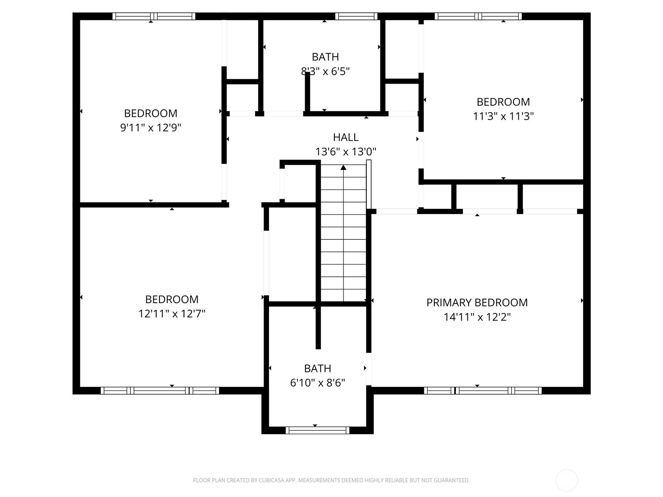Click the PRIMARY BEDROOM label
click(477, 303)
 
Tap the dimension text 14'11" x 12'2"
click(477, 317)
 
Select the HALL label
click(346, 137)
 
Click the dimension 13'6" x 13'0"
click(346, 152)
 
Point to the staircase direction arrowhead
click(344, 167)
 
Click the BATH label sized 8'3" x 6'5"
click(325, 57)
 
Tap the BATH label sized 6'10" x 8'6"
click(317, 369)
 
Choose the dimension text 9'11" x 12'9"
click(151, 128)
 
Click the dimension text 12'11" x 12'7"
click(172, 314)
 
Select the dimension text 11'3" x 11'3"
click(503, 116)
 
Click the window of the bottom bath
click(317, 430)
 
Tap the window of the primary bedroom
click(483, 390)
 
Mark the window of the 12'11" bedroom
click(160, 390)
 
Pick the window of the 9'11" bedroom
click(154, 17)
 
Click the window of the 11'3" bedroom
click(478, 17)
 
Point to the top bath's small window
click(356, 17)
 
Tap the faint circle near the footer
click(566, 480)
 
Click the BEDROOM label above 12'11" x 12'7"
click(172, 299)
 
